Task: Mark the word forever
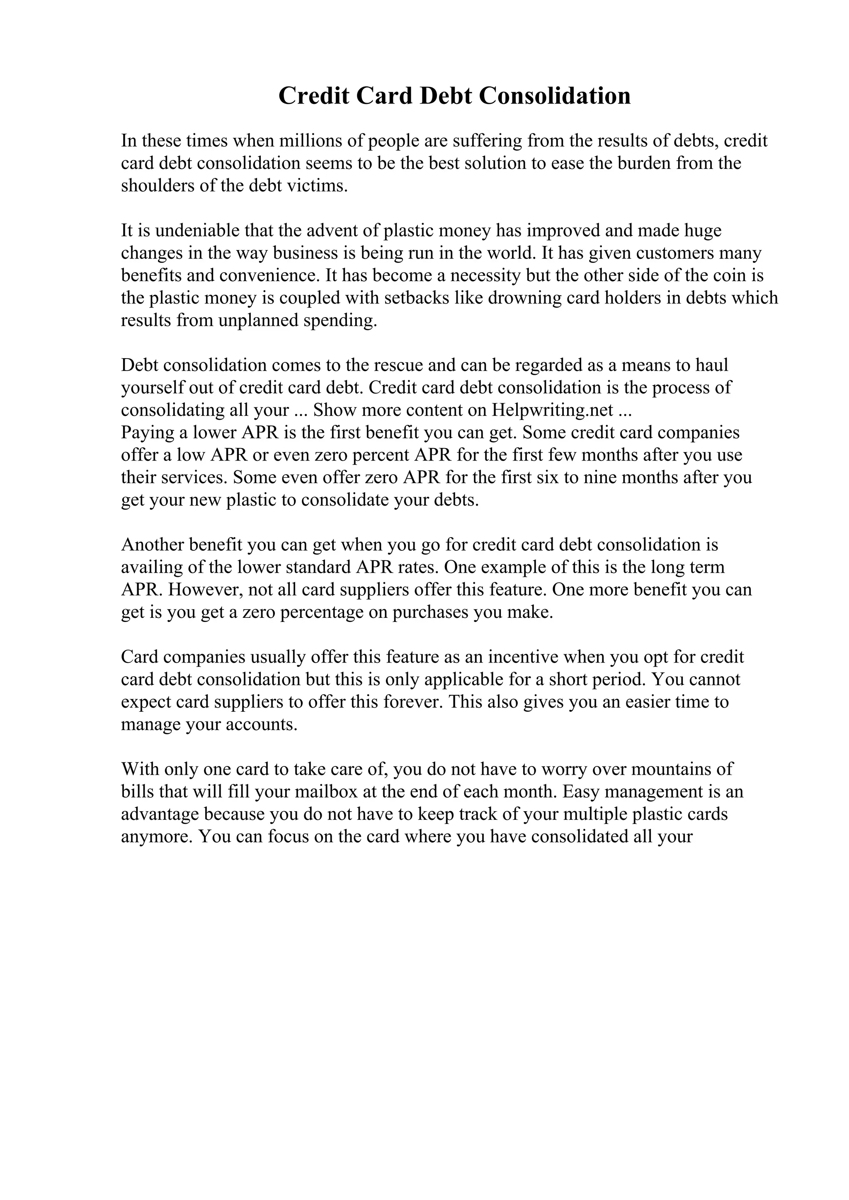point(413,702)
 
